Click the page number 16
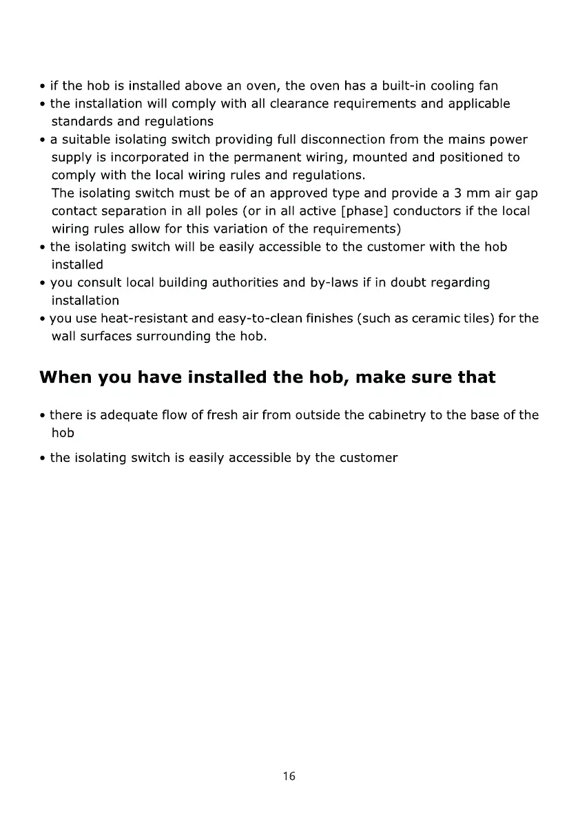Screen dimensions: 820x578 [289, 776]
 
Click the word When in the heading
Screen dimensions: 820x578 [65, 377]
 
